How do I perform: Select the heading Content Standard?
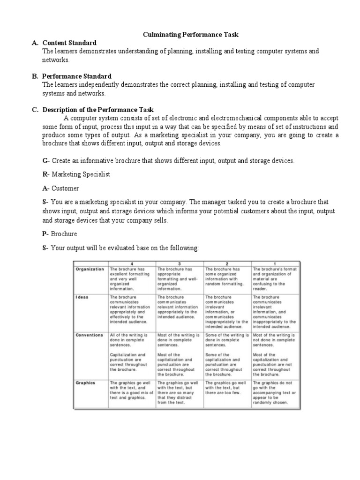click(x=69, y=43)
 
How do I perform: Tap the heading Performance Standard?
click(x=76, y=76)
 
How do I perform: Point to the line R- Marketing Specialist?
click(x=76, y=174)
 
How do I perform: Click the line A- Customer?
click(x=60, y=188)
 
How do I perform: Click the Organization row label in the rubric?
click(x=90, y=270)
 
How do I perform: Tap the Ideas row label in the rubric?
click(x=83, y=297)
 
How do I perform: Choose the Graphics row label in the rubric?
click(x=86, y=383)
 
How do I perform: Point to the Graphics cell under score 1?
click(x=274, y=393)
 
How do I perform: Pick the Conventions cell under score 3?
click(x=179, y=355)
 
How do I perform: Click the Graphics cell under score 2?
click(x=227, y=388)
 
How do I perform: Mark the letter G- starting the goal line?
click(x=46, y=161)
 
